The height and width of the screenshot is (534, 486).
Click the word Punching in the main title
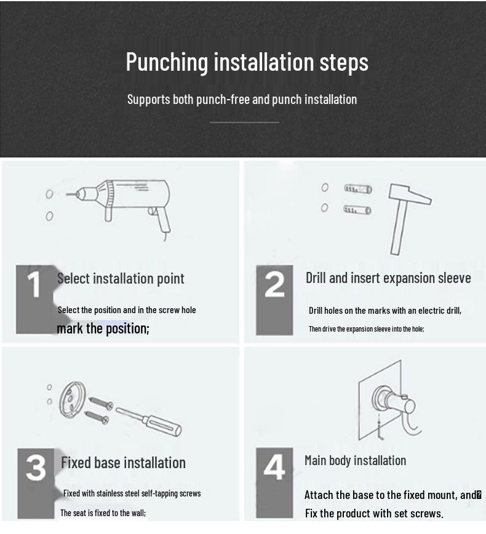point(167,62)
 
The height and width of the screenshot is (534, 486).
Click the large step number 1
point(34,284)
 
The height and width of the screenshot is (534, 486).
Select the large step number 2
point(274,284)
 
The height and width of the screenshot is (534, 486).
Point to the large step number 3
point(36,468)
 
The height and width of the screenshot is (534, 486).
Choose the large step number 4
point(274,467)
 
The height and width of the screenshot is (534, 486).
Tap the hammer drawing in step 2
point(407,218)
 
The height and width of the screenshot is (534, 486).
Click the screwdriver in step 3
point(148,421)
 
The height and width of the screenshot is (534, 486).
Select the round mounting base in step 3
point(72,400)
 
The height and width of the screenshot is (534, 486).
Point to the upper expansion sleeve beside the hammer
point(358,189)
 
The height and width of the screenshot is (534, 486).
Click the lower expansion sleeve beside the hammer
point(357,210)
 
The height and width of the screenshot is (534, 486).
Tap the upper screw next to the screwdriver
point(101,403)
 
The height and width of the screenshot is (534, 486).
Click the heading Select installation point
point(121,279)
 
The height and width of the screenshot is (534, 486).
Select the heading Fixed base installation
point(123,463)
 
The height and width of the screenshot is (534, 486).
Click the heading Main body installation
point(355,461)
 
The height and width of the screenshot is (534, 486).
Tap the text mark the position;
point(103,329)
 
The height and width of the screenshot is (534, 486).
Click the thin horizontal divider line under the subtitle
point(244,122)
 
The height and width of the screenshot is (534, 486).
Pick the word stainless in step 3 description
point(110,493)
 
